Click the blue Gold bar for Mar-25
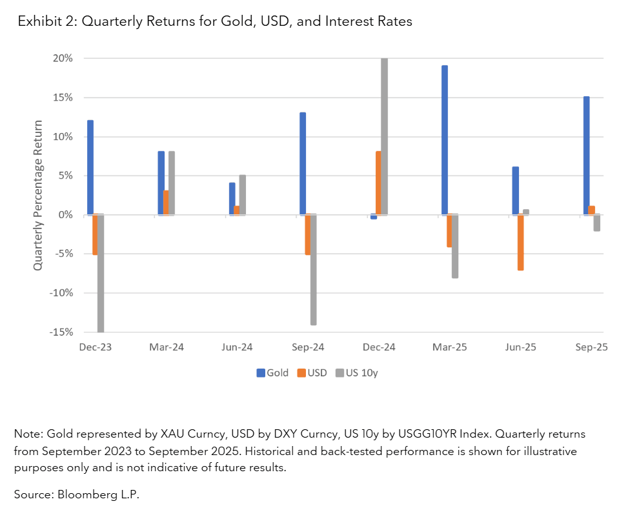445,140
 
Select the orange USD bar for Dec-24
378,183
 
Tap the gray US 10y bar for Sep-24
313,269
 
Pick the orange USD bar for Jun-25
520,242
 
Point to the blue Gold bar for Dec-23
90,167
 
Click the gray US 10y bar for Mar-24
172,183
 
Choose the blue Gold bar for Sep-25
586,156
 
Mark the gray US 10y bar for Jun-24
242,194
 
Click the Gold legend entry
274,372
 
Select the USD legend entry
312,372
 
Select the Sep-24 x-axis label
308,347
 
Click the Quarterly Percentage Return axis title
38,195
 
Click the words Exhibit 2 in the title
43,22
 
